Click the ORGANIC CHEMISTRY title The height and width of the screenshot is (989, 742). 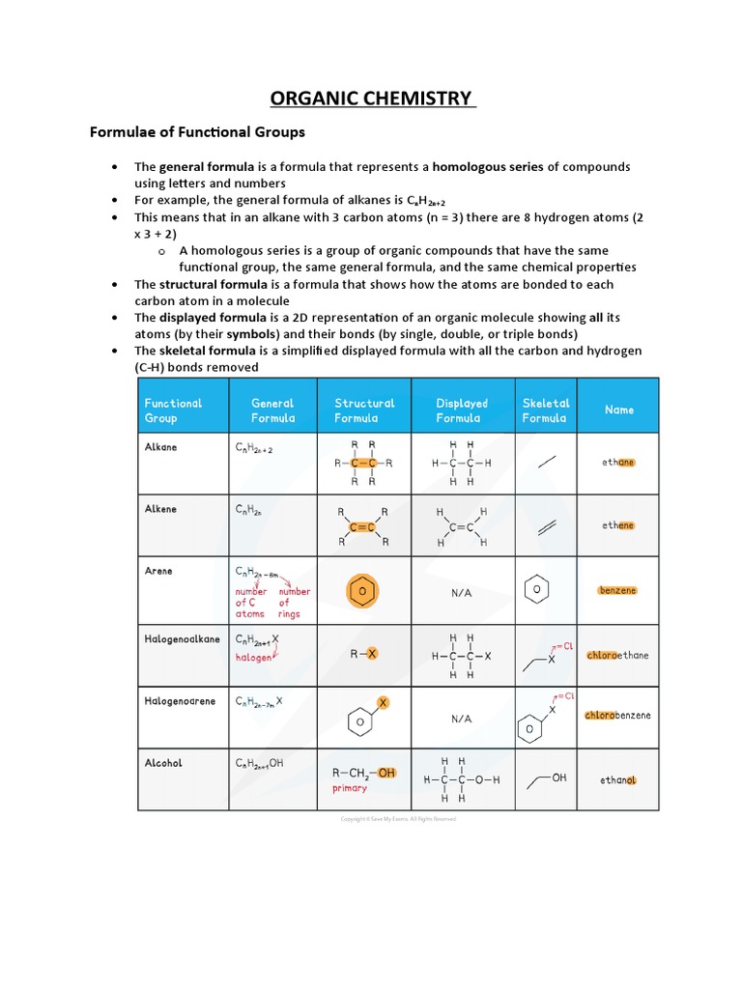tap(372, 99)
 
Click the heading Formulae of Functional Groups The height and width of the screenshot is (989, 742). tap(197, 131)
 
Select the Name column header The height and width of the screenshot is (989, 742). tap(619, 410)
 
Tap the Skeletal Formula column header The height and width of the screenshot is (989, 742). tap(545, 410)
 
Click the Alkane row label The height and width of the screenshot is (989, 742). tap(160, 448)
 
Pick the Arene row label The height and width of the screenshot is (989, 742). tap(158, 571)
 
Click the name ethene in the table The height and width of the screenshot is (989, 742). tap(619, 525)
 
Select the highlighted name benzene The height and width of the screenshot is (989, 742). tap(617, 590)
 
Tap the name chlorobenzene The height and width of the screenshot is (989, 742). tap(618, 716)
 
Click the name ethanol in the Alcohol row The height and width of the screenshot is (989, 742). tap(618, 779)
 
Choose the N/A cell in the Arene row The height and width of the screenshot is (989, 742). tap(461, 593)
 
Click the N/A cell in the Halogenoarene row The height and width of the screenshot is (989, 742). tap(461, 720)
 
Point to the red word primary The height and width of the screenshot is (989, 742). tap(349, 788)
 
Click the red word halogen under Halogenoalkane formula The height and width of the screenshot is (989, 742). tap(253, 657)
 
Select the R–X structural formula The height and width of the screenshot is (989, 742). tap(363, 654)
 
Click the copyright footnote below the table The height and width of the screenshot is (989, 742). tap(397, 819)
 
